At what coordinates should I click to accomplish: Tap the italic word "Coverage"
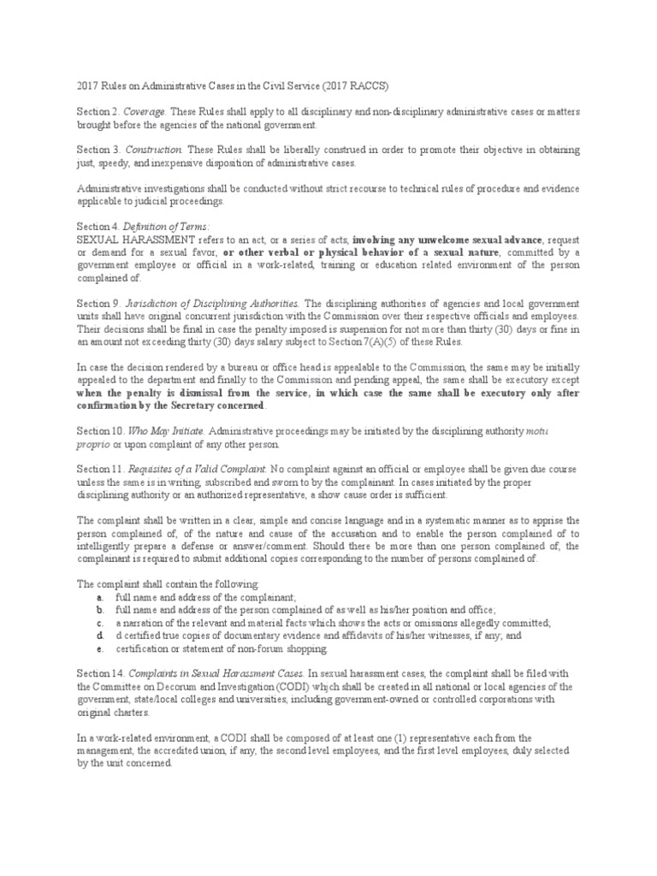[x=145, y=112]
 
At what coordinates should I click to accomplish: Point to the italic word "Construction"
[x=153, y=150]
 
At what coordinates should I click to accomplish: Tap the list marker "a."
[x=100, y=596]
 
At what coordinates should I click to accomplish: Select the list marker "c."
[x=100, y=622]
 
